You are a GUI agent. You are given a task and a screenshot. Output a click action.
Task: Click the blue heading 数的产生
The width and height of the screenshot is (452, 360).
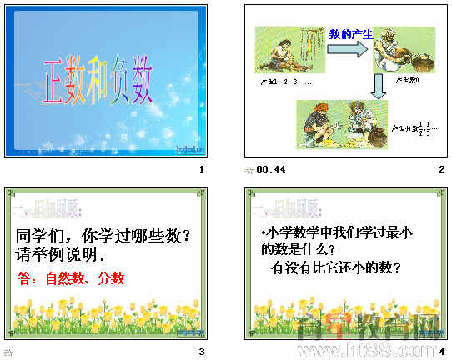[x=350, y=34]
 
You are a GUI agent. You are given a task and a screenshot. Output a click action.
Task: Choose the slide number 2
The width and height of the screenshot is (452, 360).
[x=441, y=170]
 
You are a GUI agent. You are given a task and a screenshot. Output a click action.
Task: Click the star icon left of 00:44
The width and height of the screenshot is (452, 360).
[x=248, y=170]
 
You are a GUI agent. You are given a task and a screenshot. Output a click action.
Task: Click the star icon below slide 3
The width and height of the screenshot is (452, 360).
[x=8, y=352]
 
